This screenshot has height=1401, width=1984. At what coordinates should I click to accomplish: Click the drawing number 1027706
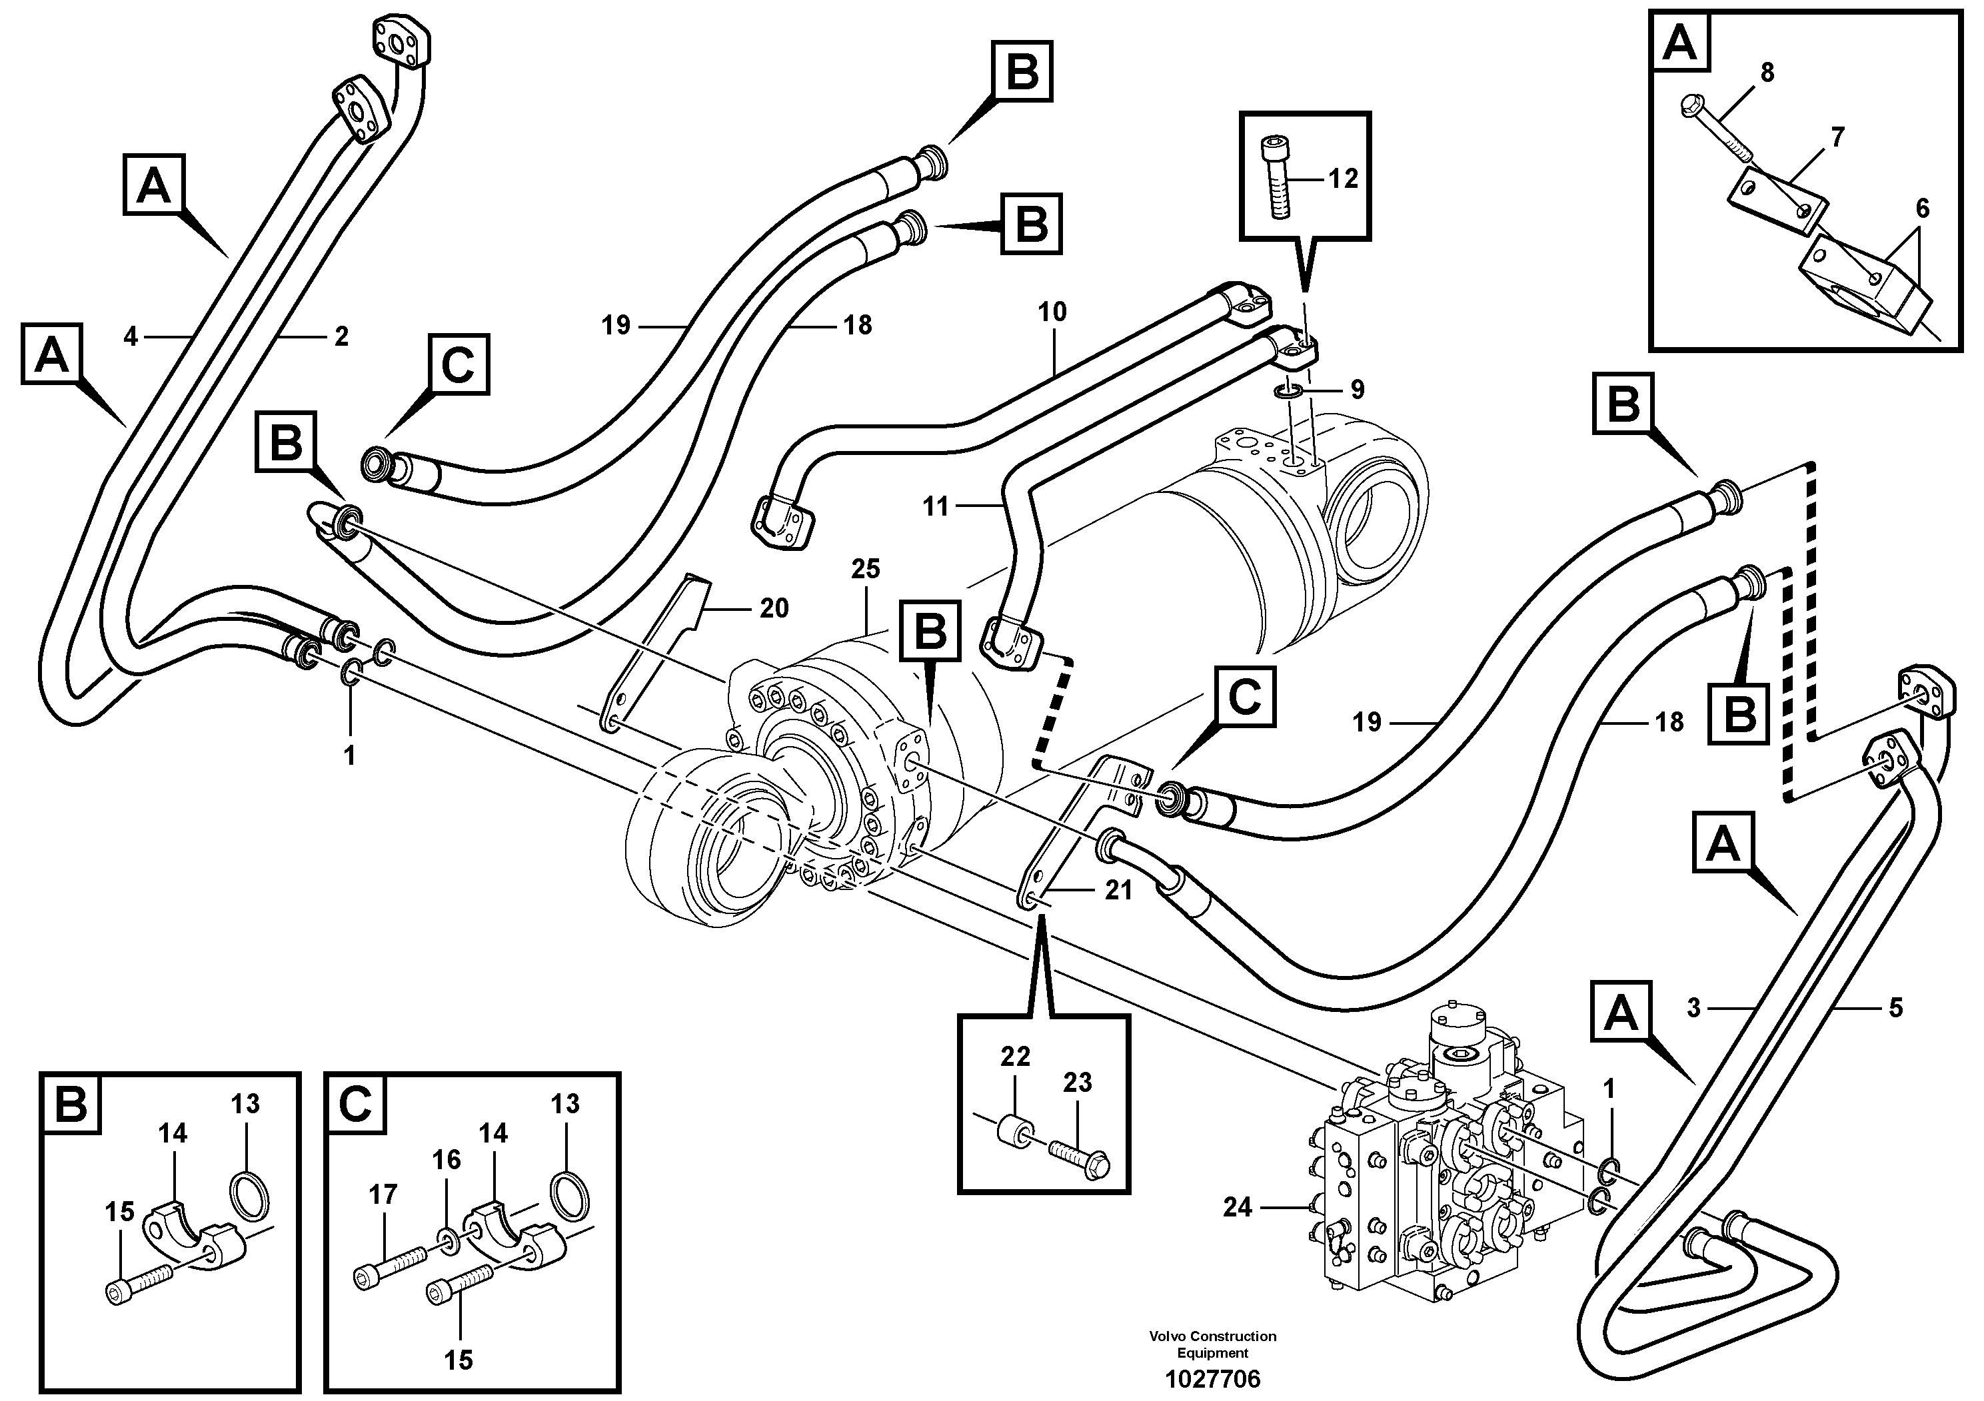click(1212, 1378)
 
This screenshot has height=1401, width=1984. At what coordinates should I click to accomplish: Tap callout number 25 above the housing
click(865, 568)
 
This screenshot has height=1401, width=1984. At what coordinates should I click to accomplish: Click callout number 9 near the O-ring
click(1357, 390)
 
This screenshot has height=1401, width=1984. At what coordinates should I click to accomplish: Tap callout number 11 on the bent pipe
click(936, 506)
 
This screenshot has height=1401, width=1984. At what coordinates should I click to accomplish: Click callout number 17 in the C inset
click(383, 1194)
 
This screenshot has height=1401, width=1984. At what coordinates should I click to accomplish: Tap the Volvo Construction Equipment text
click(1212, 1343)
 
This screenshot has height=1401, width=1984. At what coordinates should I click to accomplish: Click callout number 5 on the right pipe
click(1895, 1007)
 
